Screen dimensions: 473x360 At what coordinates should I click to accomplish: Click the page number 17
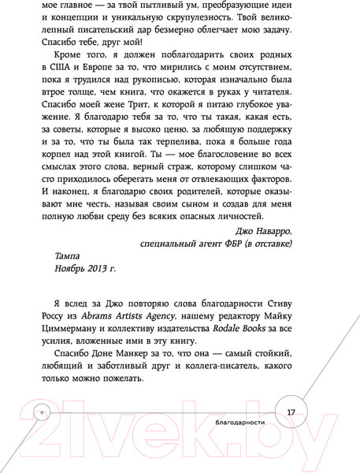pyautogui.click(x=291, y=412)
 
